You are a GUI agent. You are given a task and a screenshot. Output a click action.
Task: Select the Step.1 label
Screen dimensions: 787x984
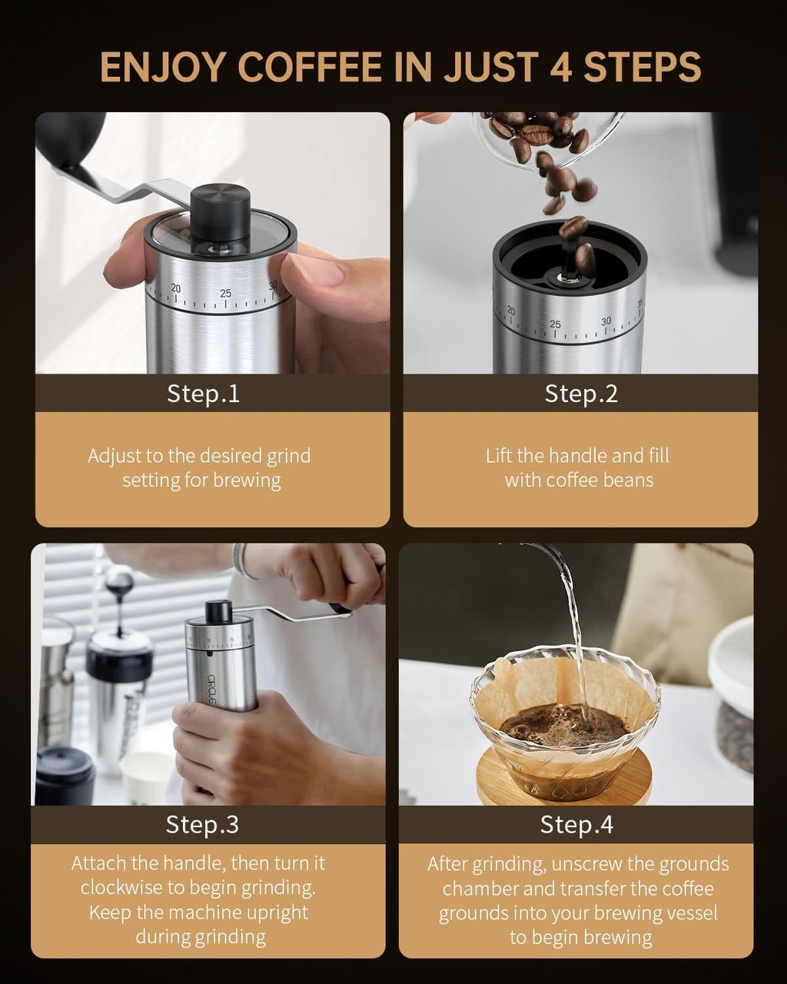[x=203, y=394]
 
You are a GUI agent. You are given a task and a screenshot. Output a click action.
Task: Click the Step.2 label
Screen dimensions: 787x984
[x=581, y=394]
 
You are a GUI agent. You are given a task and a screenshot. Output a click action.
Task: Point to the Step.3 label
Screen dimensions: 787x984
[x=202, y=824]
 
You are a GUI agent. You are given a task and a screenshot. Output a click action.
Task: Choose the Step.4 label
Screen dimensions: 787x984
[x=576, y=824]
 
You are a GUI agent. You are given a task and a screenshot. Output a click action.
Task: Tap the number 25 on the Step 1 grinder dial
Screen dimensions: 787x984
[x=225, y=293]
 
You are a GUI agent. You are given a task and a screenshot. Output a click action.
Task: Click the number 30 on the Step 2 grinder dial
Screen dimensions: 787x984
[x=606, y=321]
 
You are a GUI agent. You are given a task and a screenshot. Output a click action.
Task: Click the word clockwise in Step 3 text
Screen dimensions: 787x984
[x=124, y=887]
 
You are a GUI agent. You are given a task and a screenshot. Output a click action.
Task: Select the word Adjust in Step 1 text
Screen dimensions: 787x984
[x=114, y=457]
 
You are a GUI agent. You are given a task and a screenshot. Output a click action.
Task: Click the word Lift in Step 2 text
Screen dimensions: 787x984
[x=499, y=455]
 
